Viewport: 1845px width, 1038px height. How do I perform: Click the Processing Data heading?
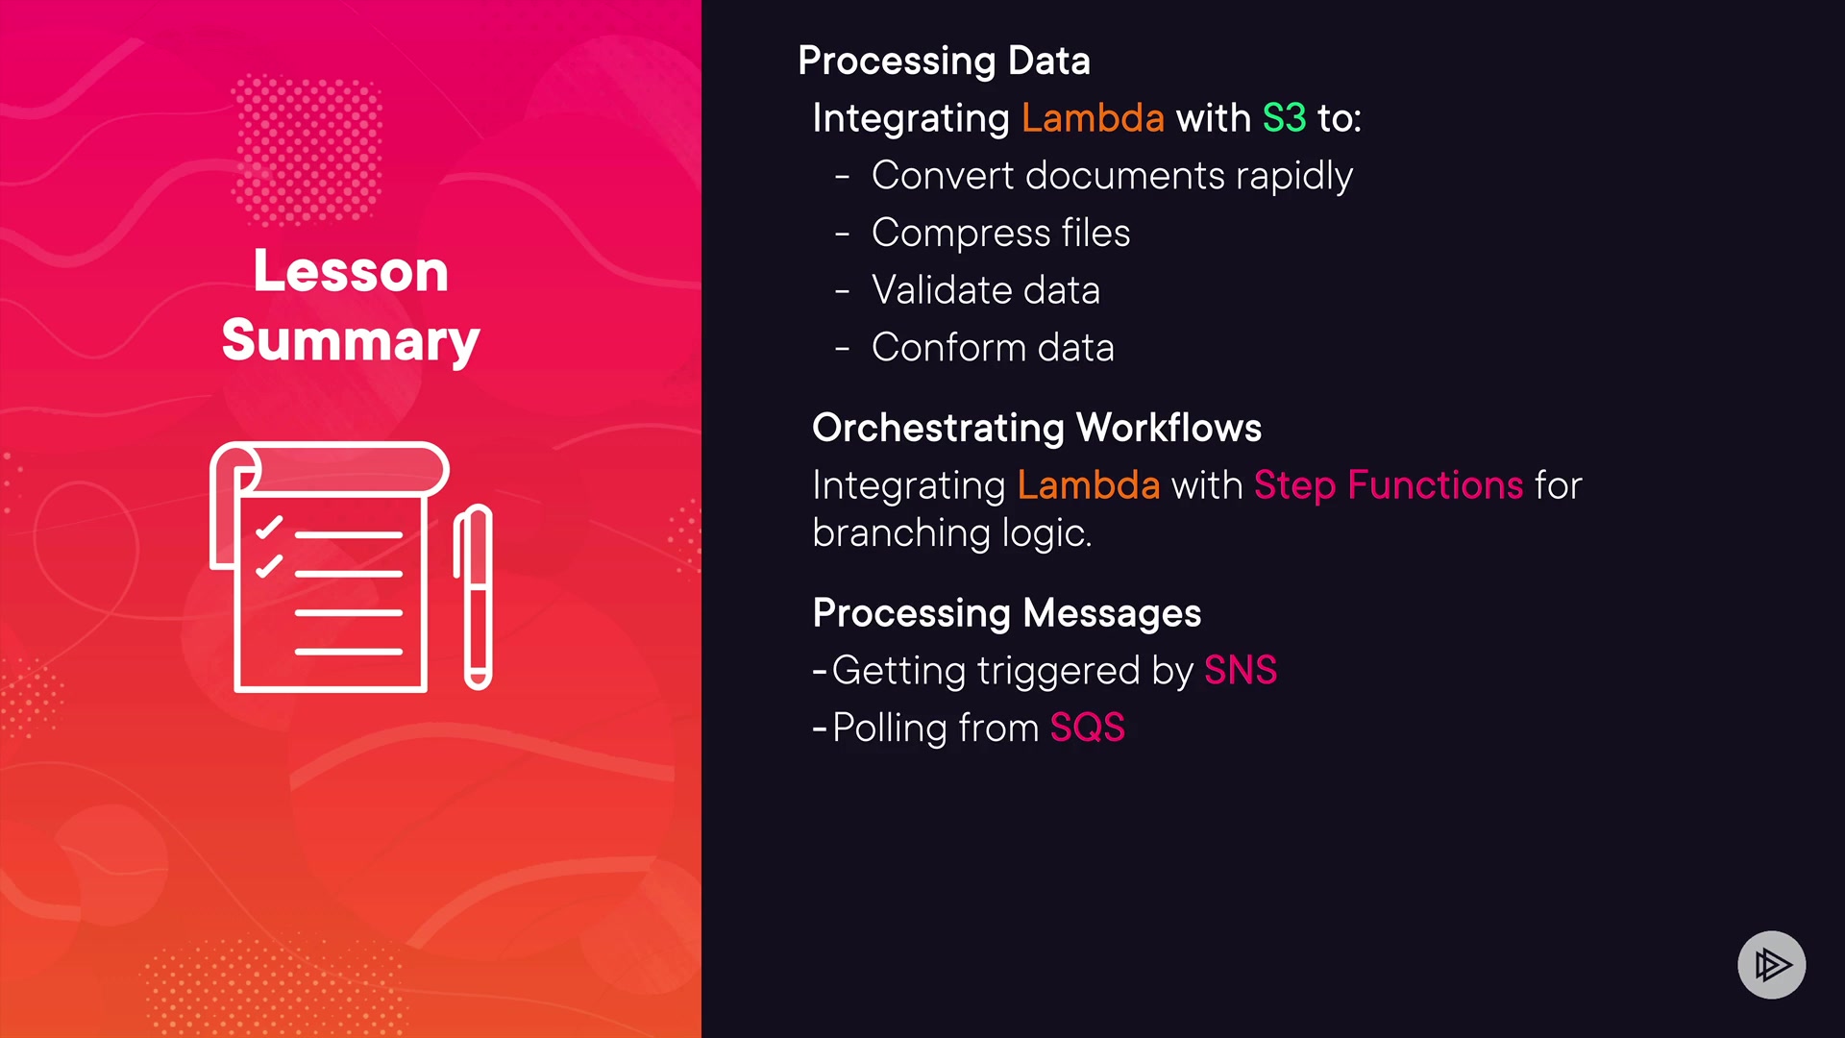[x=944, y=62]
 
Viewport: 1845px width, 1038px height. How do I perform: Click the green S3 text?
[x=1284, y=118]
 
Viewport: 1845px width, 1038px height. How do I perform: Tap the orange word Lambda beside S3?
[x=1093, y=118]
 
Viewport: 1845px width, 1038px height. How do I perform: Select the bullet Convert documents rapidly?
[x=1112, y=177]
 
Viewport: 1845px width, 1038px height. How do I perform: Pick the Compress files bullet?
[x=1000, y=234]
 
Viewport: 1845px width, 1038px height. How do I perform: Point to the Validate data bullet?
[x=985, y=290]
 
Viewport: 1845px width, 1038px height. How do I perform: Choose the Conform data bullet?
[x=993, y=348]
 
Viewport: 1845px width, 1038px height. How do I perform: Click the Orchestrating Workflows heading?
[x=1037, y=429]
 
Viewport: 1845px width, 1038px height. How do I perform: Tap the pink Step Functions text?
[x=1389, y=486]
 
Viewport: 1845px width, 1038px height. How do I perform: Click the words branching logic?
[x=951, y=533]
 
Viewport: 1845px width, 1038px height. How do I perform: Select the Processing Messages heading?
[x=1006, y=614]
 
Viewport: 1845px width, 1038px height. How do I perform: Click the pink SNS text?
[x=1241, y=671]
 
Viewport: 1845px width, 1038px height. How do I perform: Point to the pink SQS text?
[x=1087, y=729]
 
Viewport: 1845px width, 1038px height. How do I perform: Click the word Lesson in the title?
[x=351, y=271]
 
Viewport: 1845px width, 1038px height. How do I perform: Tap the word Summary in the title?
[x=351, y=341]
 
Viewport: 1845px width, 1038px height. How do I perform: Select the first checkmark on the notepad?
[x=269, y=528]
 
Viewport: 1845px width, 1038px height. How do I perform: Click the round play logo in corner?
[x=1772, y=965]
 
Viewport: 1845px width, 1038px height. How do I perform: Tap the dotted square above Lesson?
[x=307, y=149]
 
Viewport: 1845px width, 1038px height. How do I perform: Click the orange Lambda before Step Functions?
[x=1088, y=486]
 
